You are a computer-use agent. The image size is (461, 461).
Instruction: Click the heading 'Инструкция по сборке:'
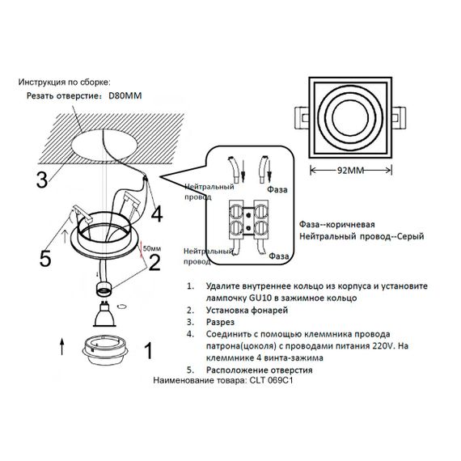click(x=69, y=82)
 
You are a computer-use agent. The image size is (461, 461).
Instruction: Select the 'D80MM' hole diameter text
click(x=125, y=95)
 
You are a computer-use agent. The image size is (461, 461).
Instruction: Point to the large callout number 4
click(x=156, y=214)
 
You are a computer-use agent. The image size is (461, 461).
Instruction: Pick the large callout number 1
click(x=147, y=350)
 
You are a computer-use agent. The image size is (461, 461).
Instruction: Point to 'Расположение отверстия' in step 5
click(x=259, y=370)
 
